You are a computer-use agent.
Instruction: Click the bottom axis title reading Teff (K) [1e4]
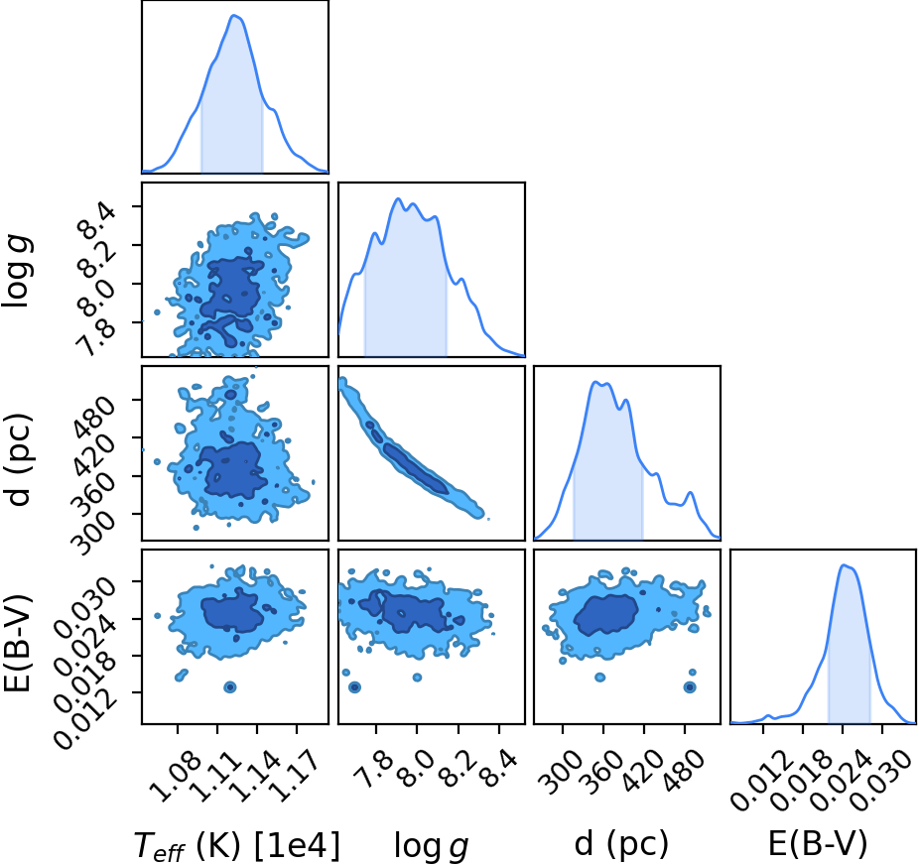[237, 845]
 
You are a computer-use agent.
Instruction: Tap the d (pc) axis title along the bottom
[621, 844]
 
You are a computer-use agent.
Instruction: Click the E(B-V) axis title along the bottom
[817, 844]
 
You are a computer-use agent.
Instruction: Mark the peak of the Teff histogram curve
[234, 15]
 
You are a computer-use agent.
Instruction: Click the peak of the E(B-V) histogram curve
[844, 564]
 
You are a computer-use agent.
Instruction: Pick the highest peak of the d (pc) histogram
[594, 382]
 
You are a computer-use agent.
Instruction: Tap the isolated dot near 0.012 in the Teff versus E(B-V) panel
[230, 686]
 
